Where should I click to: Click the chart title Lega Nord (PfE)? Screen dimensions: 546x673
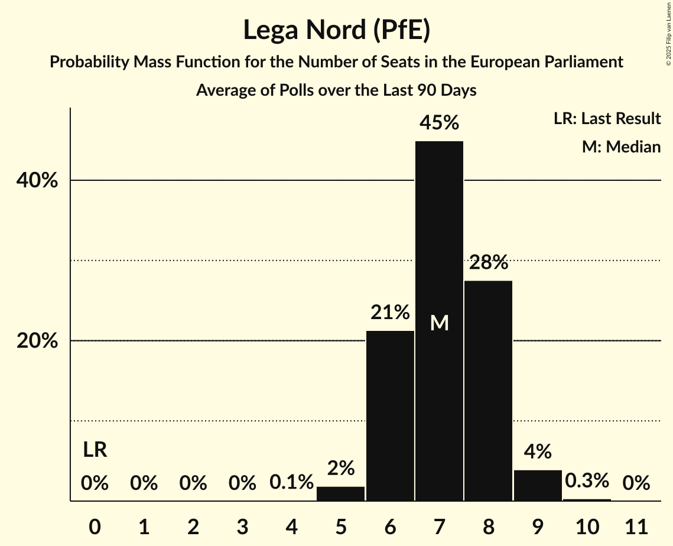point(336,30)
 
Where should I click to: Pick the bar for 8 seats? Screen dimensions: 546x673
point(488,391)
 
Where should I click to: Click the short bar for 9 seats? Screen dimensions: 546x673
point(538,485)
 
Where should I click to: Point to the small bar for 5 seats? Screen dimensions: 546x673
point(341,493)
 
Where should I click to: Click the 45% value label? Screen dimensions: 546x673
point(439,123)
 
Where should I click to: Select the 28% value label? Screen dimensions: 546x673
point(488,262)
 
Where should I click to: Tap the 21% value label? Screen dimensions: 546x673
point(390,312)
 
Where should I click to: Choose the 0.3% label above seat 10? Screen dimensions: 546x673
point(587,480)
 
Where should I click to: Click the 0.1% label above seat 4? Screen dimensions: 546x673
point(291,483)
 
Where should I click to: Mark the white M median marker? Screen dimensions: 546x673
point(439,323)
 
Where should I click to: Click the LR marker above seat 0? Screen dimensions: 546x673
point(95,450)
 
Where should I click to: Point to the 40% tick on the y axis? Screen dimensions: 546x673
point(37,181)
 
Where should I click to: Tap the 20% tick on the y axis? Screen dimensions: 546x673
point(37,342)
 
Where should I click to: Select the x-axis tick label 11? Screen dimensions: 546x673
point(636,526)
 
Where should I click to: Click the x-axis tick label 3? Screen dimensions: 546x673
point(242,526)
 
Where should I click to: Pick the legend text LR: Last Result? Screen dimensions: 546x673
point(607,119)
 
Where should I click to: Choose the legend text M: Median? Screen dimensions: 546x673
point(621,147)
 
